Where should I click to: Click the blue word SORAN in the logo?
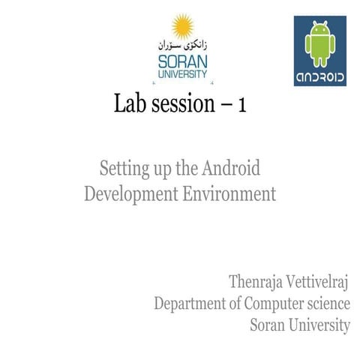pos(182,61)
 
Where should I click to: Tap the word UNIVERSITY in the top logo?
pos(182,73)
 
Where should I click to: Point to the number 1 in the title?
pos(241,106)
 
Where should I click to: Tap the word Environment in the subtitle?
pos(229,193)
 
